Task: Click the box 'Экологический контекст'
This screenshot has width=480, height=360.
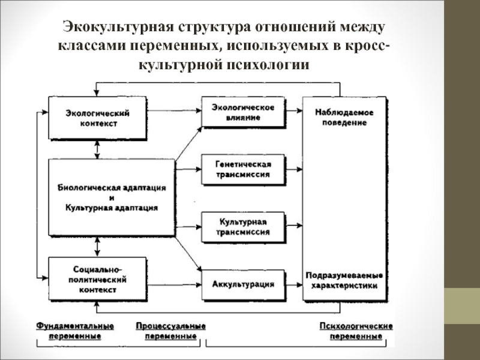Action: pos(97,118)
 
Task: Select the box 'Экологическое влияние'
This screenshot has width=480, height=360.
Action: pos(242,112)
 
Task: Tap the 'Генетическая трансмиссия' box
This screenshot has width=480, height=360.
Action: pos(242,169)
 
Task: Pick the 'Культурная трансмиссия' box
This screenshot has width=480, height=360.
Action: pos(242,226)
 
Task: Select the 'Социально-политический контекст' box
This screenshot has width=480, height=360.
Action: pos(97,279)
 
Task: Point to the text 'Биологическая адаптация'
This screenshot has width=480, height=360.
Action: pos(112,187)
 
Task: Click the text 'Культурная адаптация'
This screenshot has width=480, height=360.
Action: pos(112,208)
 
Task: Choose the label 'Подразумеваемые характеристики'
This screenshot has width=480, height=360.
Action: pos(344,280)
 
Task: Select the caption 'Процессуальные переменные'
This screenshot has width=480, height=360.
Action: pos(170,331)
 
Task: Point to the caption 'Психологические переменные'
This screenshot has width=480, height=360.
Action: pos(355,331)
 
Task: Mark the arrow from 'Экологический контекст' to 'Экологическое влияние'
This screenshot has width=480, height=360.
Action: pos(173,110)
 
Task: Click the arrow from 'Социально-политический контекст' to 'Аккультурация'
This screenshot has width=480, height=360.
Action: pos(173,283)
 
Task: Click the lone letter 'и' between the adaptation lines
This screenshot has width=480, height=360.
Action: pos(112,197)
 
